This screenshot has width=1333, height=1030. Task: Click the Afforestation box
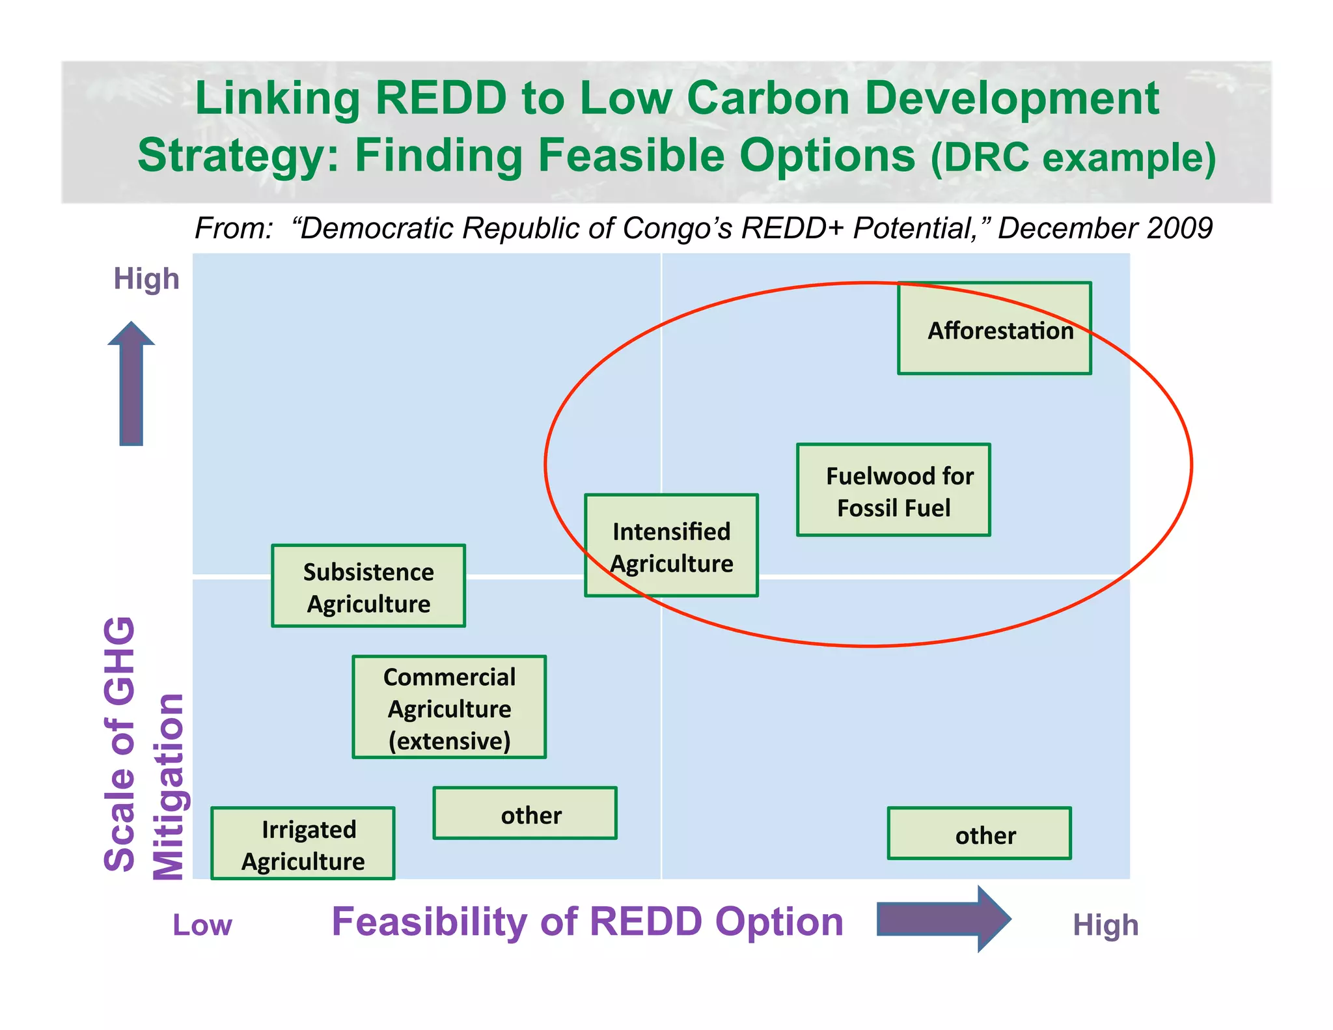point(994,328)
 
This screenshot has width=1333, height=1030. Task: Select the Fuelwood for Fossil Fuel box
point(893,490)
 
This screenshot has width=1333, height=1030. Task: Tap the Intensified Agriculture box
point(671,546)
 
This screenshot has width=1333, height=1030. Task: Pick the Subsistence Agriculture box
point(368,586)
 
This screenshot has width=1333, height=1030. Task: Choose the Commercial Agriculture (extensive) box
point(449,707)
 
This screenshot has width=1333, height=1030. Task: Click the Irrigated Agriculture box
point(303,844)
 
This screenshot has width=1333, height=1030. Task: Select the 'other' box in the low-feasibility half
point(525,814)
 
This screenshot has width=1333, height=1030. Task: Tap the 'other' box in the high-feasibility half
point(979,834)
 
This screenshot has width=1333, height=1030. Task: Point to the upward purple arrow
point(131,384)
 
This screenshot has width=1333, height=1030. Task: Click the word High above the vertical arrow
point(146,279)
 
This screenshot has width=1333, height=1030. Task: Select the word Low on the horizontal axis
point(202,925)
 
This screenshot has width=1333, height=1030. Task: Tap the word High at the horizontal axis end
point(1105,925)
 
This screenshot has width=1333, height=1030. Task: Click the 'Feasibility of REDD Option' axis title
point(587,922)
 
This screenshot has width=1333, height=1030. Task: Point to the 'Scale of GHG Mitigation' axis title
point(143,749)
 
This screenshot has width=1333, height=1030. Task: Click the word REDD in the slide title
point(441,98)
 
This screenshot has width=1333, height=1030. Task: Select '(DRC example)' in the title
point(1073,157)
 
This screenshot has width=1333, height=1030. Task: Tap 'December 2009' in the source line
point(1105,228)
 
